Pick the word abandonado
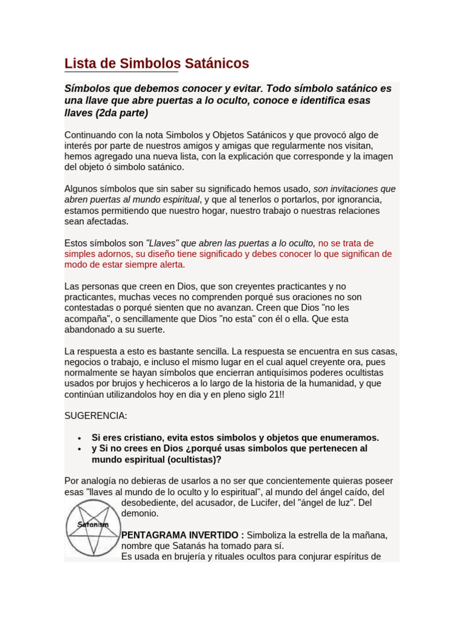pos(89,329)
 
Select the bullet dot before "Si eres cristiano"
pos(80,438)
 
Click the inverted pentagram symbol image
pos(92,528)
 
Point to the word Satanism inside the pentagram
pos(92,524)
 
